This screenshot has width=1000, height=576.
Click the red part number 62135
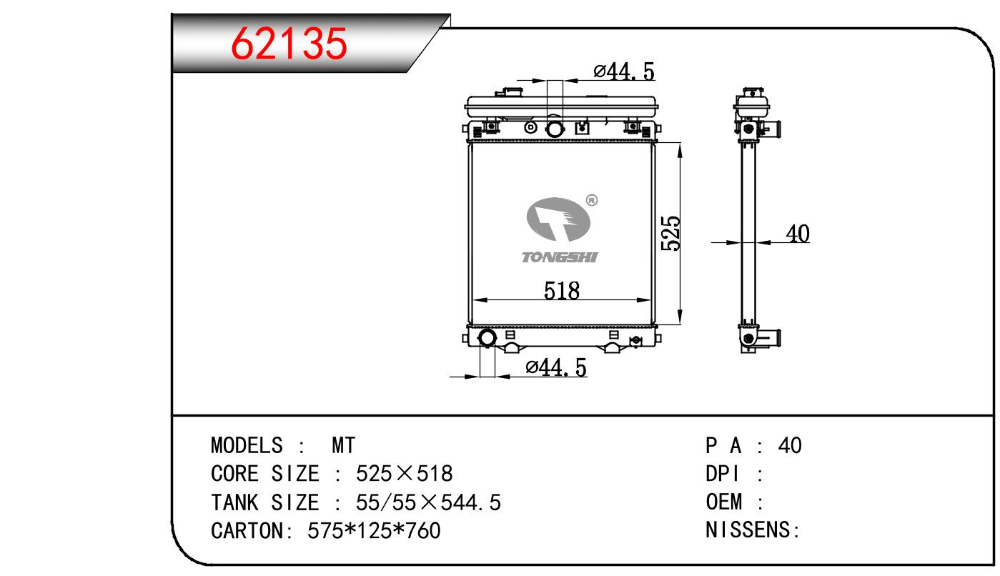(289, 44)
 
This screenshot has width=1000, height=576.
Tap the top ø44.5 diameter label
(624, 71)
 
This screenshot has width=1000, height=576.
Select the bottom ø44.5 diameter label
(556, 367)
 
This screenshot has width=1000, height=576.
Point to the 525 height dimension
(670, 234)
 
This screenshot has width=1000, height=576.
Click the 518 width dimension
(562, 290)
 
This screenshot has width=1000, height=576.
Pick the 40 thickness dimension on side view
(798, 234)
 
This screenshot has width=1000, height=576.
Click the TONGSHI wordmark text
(560, 257)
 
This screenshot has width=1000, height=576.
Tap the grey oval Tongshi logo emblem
(558, 219)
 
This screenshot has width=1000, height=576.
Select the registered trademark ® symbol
(592, 200)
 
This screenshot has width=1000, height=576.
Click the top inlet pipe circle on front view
(555, 129)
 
